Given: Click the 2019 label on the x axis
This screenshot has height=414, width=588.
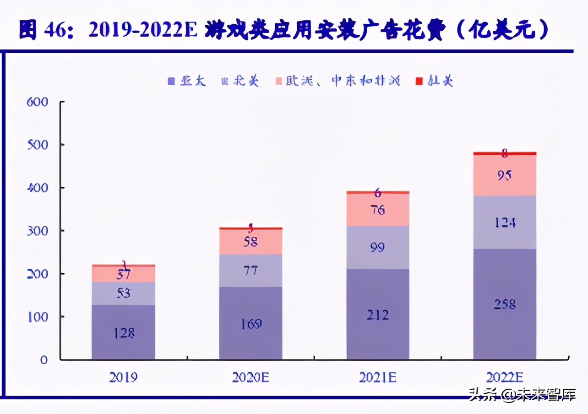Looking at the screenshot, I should click(124, 377).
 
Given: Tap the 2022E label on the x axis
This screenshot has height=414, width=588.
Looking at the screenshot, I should click(505, 377).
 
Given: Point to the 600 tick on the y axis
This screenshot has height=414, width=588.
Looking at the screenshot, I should click(38, 102).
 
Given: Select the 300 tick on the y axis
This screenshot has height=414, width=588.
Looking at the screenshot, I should click(38, 230).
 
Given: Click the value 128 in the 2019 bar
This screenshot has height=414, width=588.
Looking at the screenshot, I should click(124, 333).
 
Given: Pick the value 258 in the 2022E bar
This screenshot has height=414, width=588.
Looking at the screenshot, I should click(505, 304).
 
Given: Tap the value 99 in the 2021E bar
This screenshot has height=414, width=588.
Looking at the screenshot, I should click(378, 248).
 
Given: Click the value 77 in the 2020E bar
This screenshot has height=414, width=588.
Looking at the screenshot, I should click(250, 270).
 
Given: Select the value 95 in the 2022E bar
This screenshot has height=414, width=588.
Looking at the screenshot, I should click(505, 175).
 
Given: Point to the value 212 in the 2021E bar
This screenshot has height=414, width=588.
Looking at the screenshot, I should click(378, 315).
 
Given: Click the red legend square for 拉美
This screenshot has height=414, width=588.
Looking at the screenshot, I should click(419, 82).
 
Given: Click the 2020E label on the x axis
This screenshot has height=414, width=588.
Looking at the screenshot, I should click(250, 377).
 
